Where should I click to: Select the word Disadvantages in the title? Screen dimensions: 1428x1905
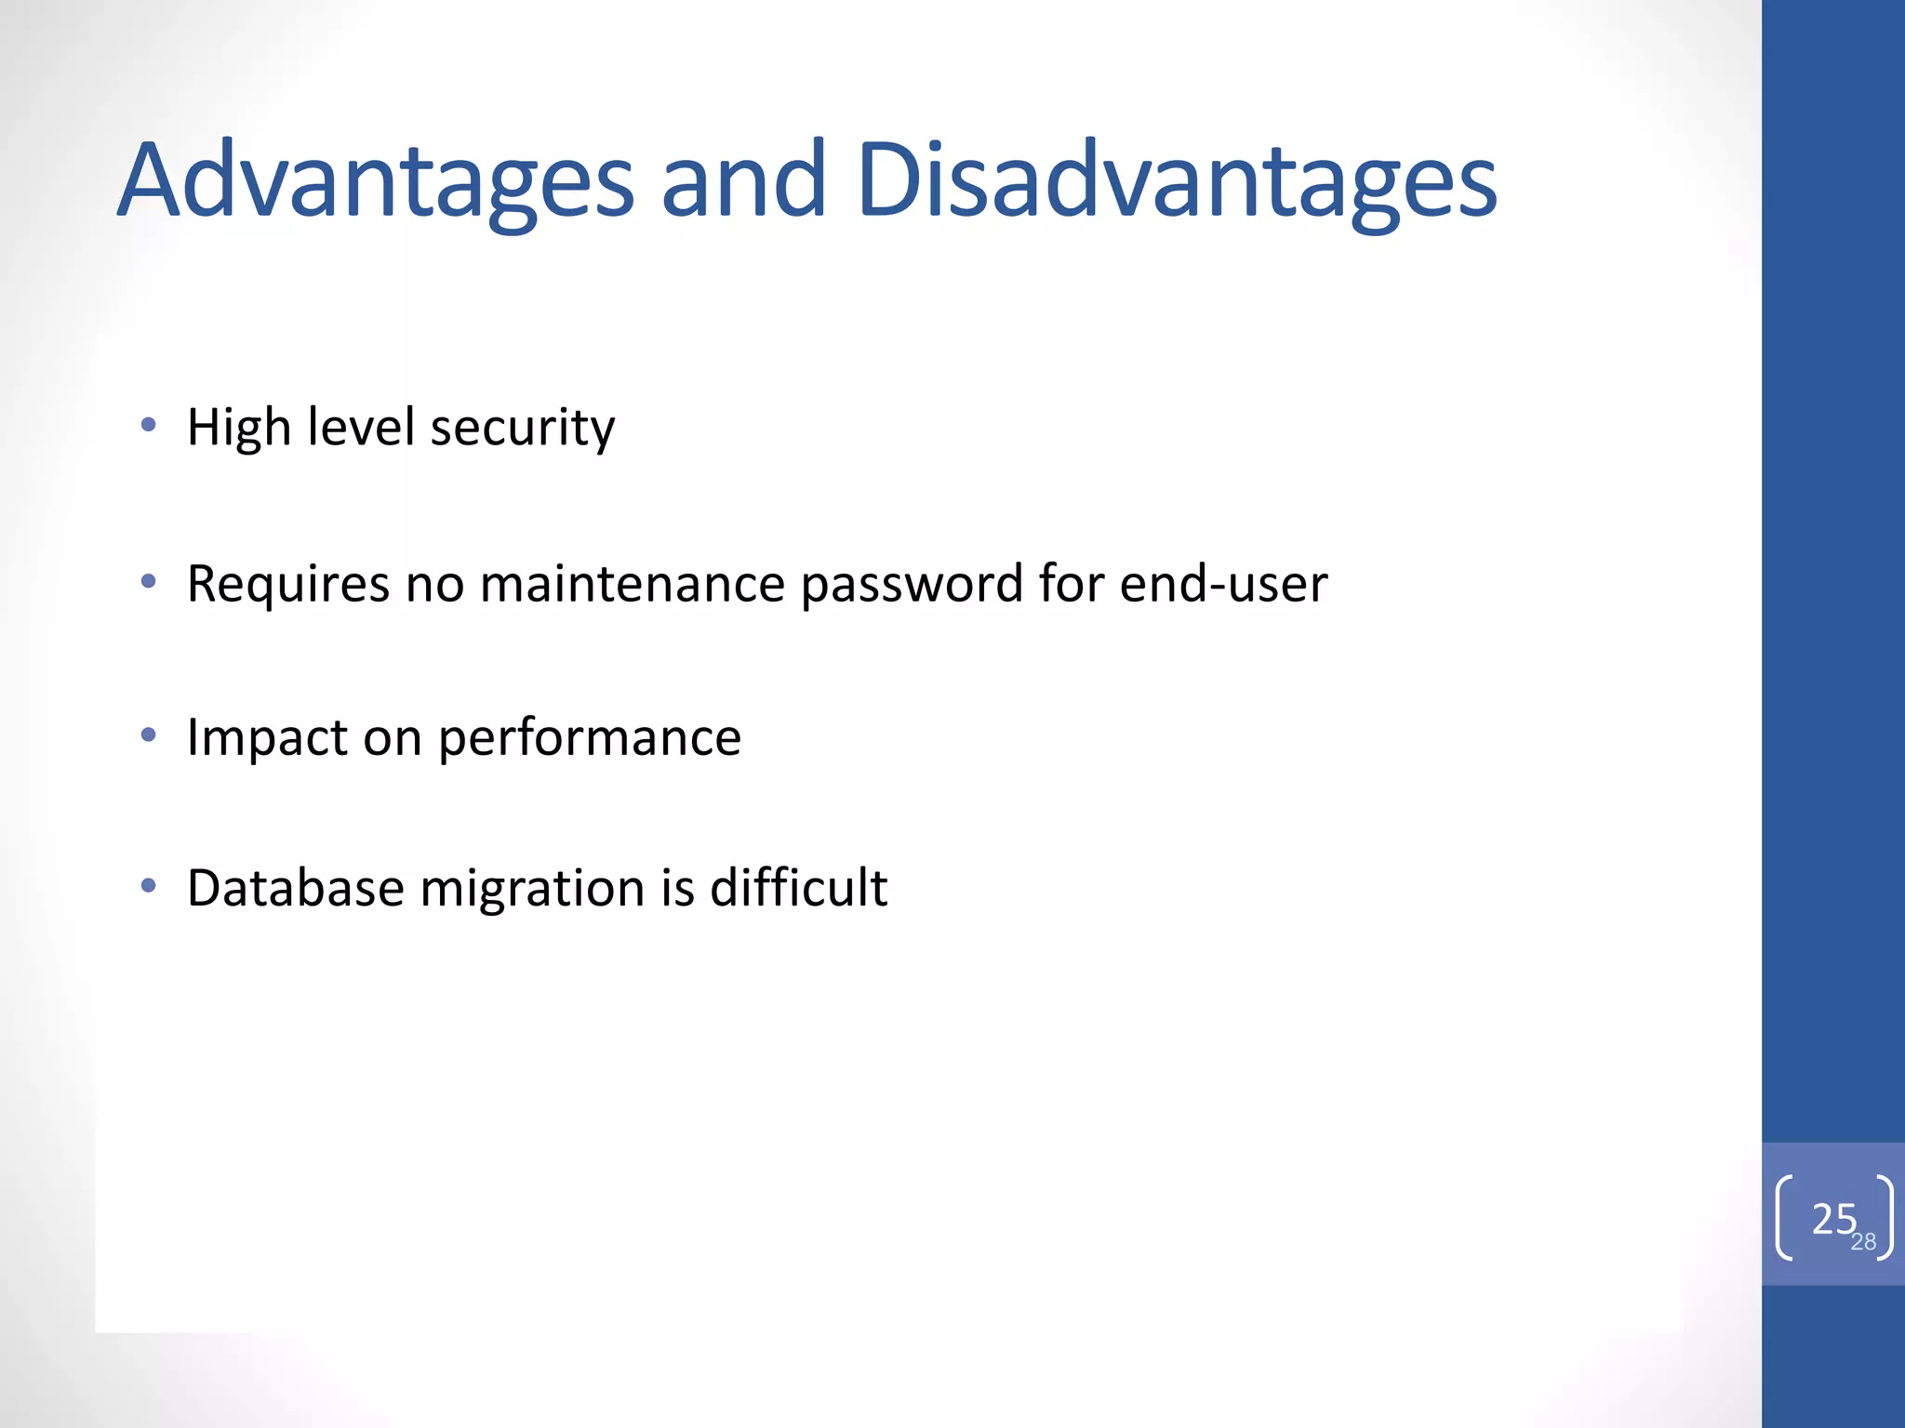[x=1177, y=180]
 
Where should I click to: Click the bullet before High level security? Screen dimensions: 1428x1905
[x=148, y=426]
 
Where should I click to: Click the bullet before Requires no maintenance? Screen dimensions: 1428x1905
[x=148, y=583]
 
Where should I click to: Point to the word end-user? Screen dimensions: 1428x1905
[x=1223, y=584]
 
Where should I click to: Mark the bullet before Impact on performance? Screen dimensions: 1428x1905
[x=148, y=736]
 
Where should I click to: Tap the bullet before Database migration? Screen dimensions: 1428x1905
[x=148, y=886]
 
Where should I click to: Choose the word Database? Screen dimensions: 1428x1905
[x=296, y=888]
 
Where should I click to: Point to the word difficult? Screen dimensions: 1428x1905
[x=798, y=887]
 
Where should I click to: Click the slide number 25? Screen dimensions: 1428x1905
[x=1832, y=1218]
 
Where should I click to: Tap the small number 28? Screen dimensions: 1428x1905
[x=1863, y=1242]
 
